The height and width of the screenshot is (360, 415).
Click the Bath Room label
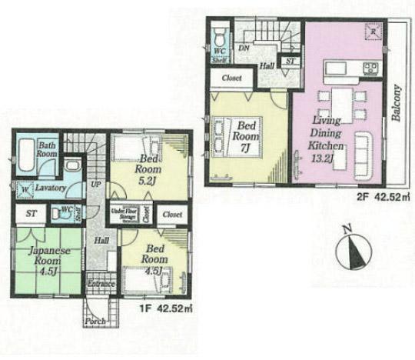click(48, 148)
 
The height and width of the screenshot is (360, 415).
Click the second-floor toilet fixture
click(219, 34)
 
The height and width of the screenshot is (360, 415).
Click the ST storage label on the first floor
click(32, 212)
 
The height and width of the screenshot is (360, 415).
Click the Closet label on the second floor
click(231, 78)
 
